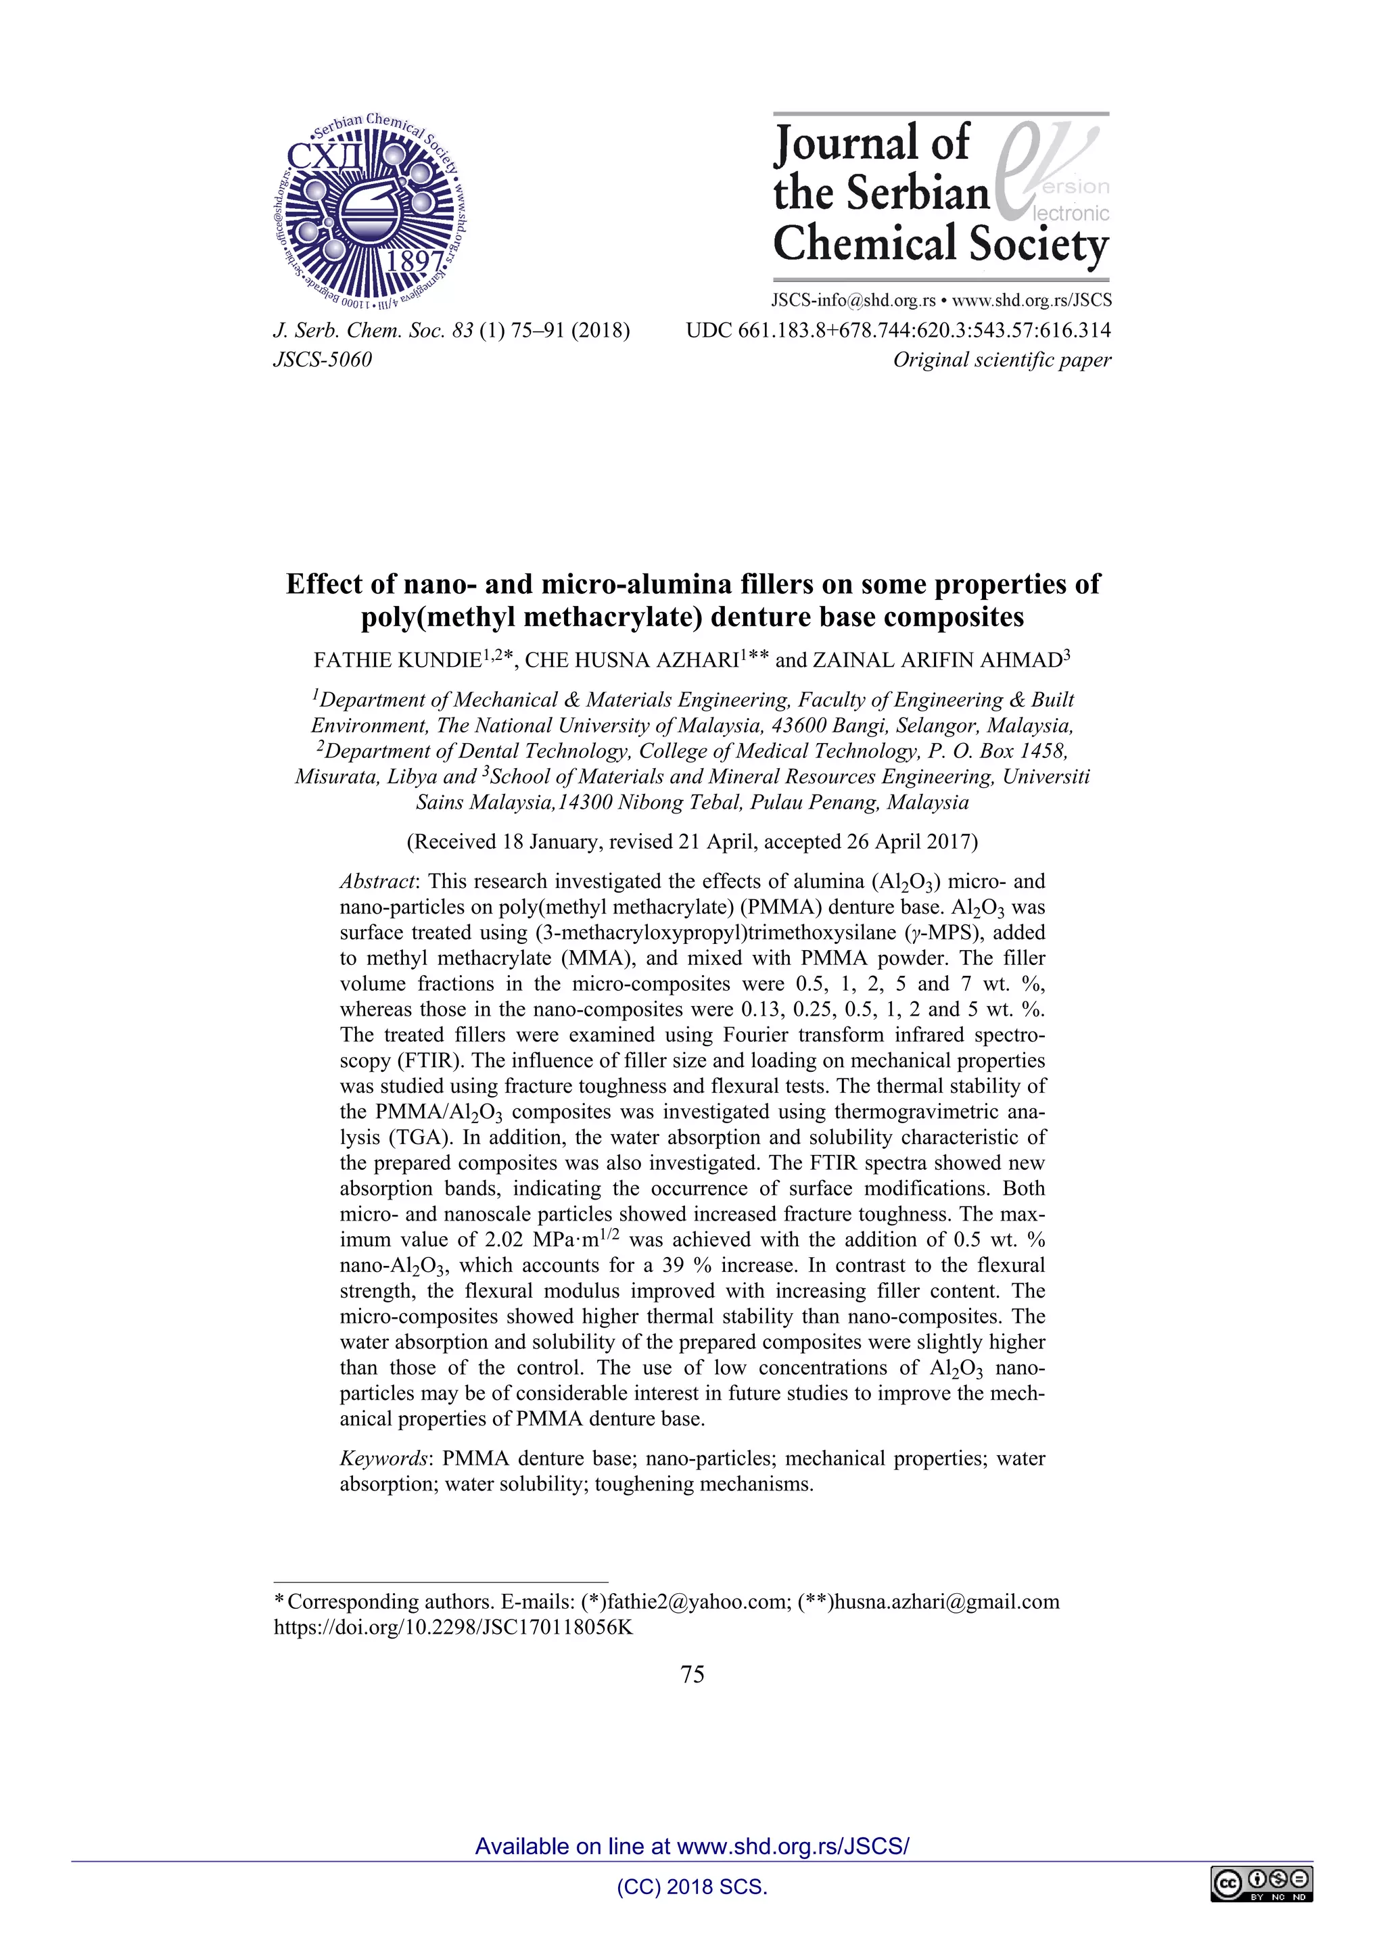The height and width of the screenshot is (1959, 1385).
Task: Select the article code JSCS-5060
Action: point(323,359)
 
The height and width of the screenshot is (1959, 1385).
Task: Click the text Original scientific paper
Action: point(1001,359)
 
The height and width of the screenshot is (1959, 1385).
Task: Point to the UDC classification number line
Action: point(897,330)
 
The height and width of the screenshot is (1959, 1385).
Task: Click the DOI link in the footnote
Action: point(453,1627)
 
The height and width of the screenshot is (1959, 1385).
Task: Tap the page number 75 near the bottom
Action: point(692,1675)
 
